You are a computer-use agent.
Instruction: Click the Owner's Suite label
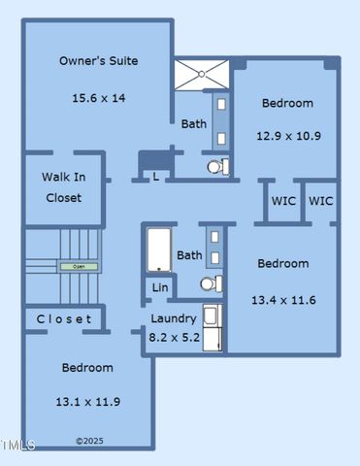(x=98, y=61)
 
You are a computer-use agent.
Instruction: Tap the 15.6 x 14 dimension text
(x=98, y=98)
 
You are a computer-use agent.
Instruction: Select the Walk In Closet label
(x=63, y=187)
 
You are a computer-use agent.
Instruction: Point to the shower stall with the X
(x=203, y=75)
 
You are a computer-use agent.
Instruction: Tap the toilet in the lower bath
(x=210, y=284)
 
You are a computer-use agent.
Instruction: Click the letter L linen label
(x=156, y=177)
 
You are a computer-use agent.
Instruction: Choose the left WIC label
(x=283, y=202)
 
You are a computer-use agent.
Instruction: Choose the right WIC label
(x=321, y=202)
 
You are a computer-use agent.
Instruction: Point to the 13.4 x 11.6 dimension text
(x=283, y=300)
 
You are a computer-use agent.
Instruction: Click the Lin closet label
(x=159, y=288)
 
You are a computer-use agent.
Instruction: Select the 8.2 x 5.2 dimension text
(x=175, y=338)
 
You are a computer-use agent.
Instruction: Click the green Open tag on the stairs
(x=72, y=266)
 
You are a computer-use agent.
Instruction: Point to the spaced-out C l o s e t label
(x=64, y=319)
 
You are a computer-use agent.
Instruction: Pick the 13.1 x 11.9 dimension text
(x=87, y=401)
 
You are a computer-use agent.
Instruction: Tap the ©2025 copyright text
(x=87, y=442)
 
